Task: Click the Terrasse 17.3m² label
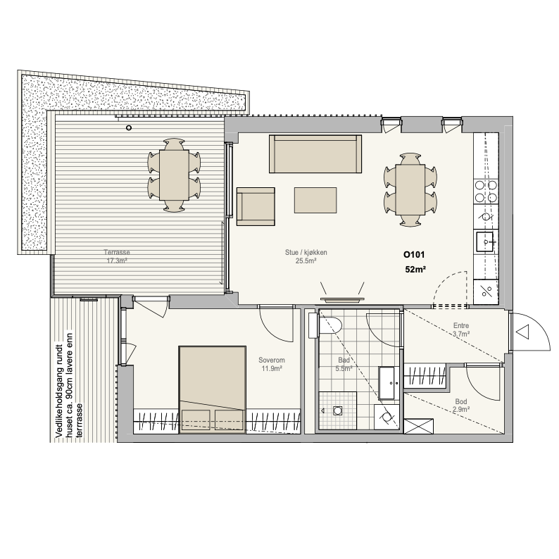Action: click(117, 256)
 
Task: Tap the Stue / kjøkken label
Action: click(306, 253)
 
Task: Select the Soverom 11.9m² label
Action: click(272, 365)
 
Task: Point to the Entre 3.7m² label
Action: click(461, 329)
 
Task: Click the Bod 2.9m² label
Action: click(461, 406)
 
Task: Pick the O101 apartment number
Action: click(414, 255)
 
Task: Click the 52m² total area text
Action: click(415, 270)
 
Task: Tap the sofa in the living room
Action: click(315, 153)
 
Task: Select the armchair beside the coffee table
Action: click(256, 206)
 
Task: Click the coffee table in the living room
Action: click(315, 200)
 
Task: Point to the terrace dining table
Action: click(174, 175)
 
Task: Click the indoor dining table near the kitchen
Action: click(410, 189)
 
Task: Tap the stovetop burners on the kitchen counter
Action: click(486, 191)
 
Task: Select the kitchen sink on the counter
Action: click(485, 241)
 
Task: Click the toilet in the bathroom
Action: click(325, 325)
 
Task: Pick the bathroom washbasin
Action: click(389, 383)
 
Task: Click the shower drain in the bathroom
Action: click(337, 410)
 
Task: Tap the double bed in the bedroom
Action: click(213, 389)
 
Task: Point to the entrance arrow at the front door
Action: click(522, 332)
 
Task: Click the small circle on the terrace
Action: click(129, 127)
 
